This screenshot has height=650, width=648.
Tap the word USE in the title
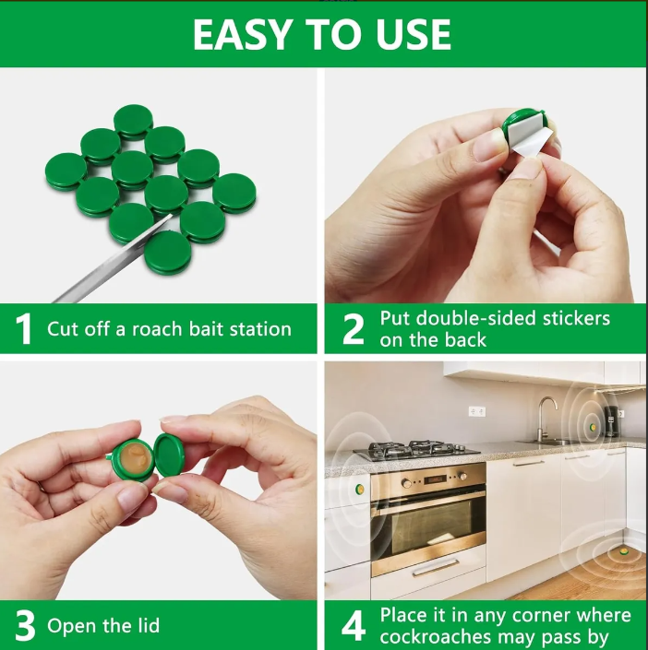tap(414, 35)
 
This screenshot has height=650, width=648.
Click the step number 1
tap(24, 329)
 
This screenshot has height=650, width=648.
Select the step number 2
tap(354, 329)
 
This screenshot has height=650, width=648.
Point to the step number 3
tap(25, 625)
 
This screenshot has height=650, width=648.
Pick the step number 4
tap(354, 625)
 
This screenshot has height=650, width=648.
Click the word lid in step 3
tap(149, 625)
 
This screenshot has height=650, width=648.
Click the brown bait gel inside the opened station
tap(135, 458)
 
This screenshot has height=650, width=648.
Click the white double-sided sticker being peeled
tap(527, 136)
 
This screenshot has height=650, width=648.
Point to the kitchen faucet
tap(546, 419)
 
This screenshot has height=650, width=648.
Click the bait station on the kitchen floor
tap(623, 551)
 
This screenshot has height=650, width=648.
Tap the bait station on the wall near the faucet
tap(593, 427)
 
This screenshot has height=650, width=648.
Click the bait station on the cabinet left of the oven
tap(359, 490)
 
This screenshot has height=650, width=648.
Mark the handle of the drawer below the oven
tap(436, 568)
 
